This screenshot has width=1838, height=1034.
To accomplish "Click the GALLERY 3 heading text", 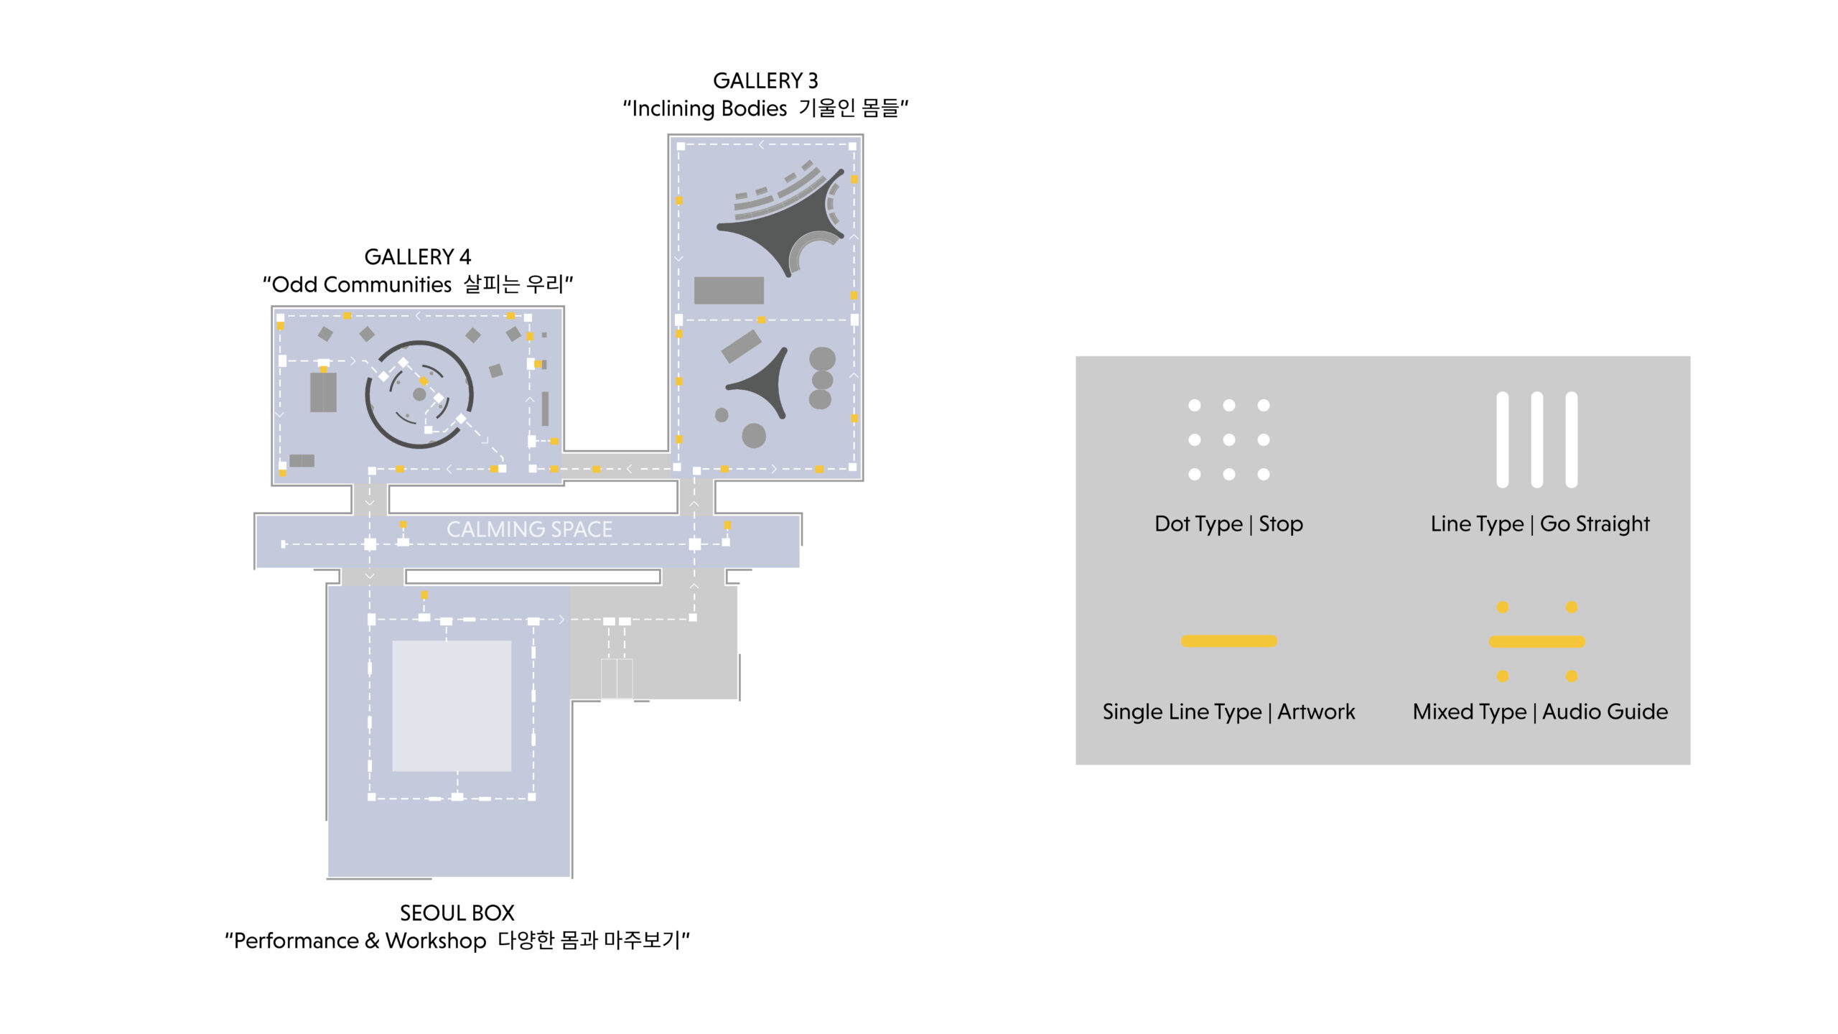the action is pyautogui.click(x=765, y=80).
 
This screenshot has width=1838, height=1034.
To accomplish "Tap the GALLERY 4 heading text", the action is pyautogui.click(x=418, y=256).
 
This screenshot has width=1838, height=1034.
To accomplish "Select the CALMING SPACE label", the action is pyautogui.click(x=529, y=529).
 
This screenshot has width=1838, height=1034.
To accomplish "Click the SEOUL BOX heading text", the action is pyautogui.click(x=457, y=913).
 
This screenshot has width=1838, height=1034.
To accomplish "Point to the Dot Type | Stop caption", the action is pyautogui.click(x=1228, y=523).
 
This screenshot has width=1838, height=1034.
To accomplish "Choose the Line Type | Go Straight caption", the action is pyautogui.click(x=1540, y=523).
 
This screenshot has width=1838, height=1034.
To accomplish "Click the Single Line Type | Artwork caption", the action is pyautogui.click(x=1228, y=712).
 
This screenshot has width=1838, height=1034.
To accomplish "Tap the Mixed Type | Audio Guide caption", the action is pyautogui.click(x=1540, y=712).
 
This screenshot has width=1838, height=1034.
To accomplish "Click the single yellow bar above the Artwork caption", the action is pyautogui.click(x=1229, y=641).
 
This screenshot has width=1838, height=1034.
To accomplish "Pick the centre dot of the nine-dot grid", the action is pyautogui.click(x=1229, y=439).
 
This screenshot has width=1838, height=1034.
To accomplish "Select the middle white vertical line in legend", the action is pyautogui.click(x=1537, y=439).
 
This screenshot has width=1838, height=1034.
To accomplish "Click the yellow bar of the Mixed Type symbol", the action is pyautogui.click(x=1537, y=642).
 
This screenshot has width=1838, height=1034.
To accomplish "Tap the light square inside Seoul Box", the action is pyautogui.click(x=452, y=706).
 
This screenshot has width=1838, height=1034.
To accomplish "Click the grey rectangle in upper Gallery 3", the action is pyautogui.click(x=729, y=290).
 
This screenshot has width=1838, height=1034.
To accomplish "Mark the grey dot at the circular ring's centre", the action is pyautogui.click(x=419, y=394).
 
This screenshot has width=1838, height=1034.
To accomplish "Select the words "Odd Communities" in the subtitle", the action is pyautogui.click(x=362, y=284).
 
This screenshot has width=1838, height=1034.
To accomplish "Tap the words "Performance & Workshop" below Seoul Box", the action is pyautogui.click(x=360, y=941).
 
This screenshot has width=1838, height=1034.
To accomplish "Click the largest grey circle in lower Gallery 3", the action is pyautogui.click(x=754, y=435).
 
